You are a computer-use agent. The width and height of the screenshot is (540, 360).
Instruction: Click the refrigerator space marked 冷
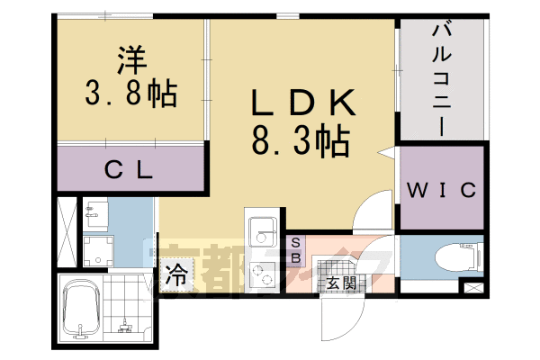click(x=176, y=273)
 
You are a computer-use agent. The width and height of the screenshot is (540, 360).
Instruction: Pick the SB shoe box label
click(x=297, y=249)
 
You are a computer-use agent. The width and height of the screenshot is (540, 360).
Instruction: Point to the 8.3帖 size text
click(x=301, y=142)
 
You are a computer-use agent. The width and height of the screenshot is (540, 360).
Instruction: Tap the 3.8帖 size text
click(x=130, y=92)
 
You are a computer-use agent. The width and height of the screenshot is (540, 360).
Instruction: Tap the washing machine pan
click(x=99, y=250)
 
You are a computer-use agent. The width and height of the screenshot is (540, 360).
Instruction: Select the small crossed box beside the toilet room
click(x=472, y=288)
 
